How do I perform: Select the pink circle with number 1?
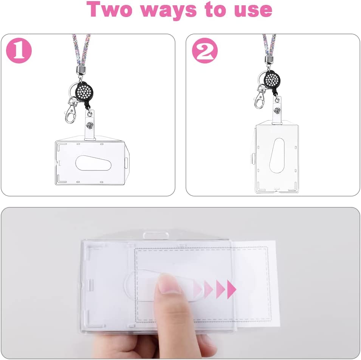point(19,51)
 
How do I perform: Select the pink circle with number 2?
point(205,51)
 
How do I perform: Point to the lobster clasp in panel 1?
point(71,110)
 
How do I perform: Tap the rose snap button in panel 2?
point(277,110)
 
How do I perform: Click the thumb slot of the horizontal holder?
point(93,163)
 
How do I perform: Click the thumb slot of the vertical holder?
point(277,156)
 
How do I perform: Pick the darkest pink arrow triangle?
point(231,289)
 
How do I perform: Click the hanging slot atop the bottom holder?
point(156,236)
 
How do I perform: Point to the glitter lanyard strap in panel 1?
point(81,50)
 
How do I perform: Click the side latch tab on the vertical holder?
point(253,159)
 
